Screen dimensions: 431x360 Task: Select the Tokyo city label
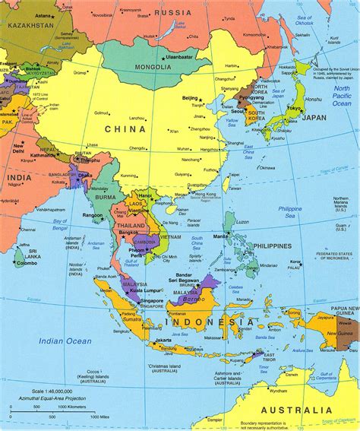coord(294,108)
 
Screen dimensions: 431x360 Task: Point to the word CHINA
coord(126,128)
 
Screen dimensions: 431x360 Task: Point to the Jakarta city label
coord(161,340)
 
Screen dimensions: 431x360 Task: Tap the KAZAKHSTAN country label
coord(30,25)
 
